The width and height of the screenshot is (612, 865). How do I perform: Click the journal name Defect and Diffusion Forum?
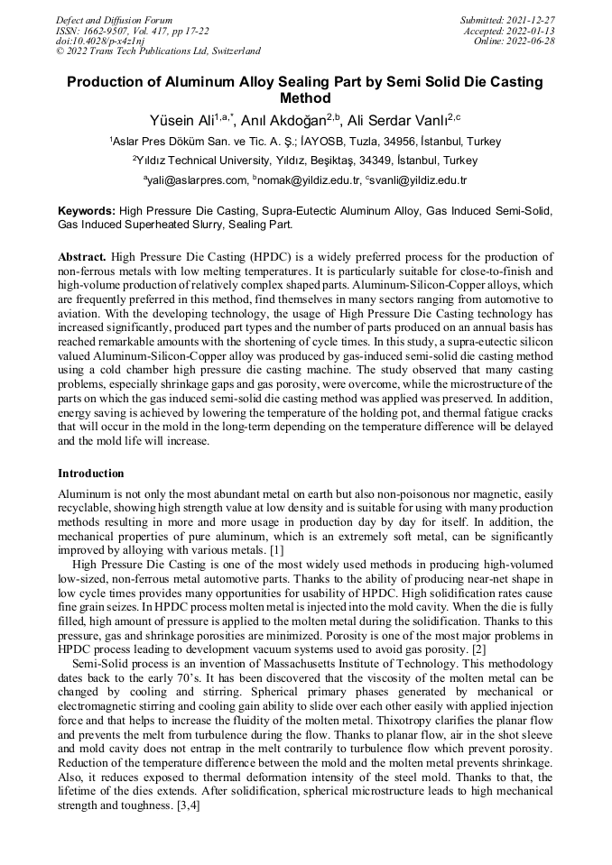[x=114, y=19]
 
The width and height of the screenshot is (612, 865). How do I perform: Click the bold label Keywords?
[x=87, y=210]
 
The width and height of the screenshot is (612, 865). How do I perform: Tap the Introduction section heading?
[x=91, y=473]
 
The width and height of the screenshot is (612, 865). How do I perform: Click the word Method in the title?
[x=306, y=98]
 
